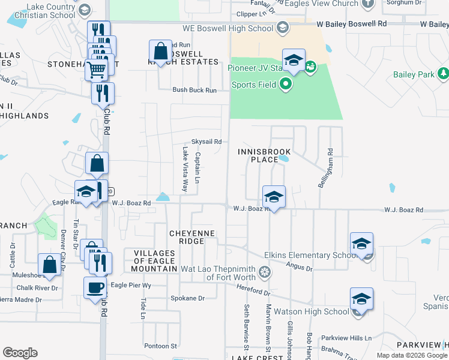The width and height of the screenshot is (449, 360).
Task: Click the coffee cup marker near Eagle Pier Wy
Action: [x=94, y=287]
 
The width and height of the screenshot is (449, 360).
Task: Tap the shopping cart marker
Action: [x=96, y=70]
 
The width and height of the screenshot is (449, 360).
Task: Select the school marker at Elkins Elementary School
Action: [x=361, y=244]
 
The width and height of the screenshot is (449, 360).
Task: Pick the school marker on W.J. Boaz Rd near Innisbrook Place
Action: [x=273, y=197]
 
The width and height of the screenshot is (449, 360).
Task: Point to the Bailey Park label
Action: [x=413, y=74]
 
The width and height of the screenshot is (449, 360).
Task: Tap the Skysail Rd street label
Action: [x=206, y=142]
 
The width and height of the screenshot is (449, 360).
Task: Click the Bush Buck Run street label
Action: [x=194, y=90]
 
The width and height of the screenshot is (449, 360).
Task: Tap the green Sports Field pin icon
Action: [x=286, y=85]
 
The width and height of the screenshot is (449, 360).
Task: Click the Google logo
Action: [x=20, y=352]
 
